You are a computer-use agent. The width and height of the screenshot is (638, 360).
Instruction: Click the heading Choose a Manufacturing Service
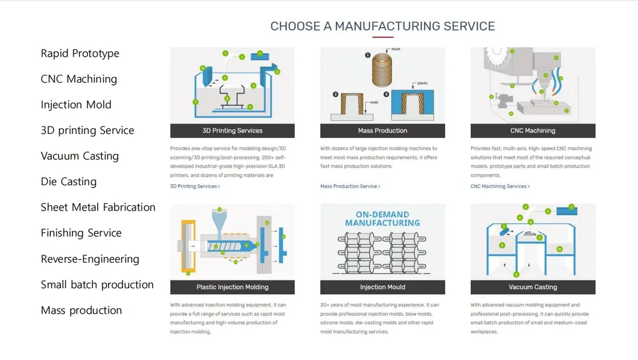[382, 27]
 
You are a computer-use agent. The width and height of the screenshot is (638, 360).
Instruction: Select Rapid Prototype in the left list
[80, 54]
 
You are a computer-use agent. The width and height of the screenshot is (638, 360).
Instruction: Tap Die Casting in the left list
[68, 182]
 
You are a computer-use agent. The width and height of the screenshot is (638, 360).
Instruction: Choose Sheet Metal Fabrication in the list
[98, 207]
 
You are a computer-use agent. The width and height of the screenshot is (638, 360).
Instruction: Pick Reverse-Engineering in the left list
[90, 259]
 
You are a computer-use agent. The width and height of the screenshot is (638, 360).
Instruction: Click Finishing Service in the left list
[81, 233]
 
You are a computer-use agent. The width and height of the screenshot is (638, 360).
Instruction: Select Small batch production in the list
[97, 285]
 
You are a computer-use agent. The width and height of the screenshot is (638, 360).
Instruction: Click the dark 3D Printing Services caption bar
[232, 131]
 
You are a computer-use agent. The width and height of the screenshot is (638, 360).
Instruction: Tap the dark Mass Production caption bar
[382, 131]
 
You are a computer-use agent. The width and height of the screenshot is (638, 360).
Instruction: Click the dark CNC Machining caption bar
[532, 131]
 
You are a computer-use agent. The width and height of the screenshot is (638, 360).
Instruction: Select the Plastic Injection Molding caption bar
[232, 288]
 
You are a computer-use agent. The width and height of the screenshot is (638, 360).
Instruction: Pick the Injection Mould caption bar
[382, 288]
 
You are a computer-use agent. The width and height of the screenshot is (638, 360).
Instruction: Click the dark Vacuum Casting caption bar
[532, 288]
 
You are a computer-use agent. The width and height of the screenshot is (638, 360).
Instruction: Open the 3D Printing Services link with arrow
[195, 187]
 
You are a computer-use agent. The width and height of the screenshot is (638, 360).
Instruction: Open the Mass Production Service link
[350, 187]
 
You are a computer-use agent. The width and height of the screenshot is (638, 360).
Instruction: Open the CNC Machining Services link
[500, 187]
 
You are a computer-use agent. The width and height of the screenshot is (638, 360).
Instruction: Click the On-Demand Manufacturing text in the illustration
[382, 219]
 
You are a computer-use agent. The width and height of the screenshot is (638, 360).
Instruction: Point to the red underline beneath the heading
[382, 37]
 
